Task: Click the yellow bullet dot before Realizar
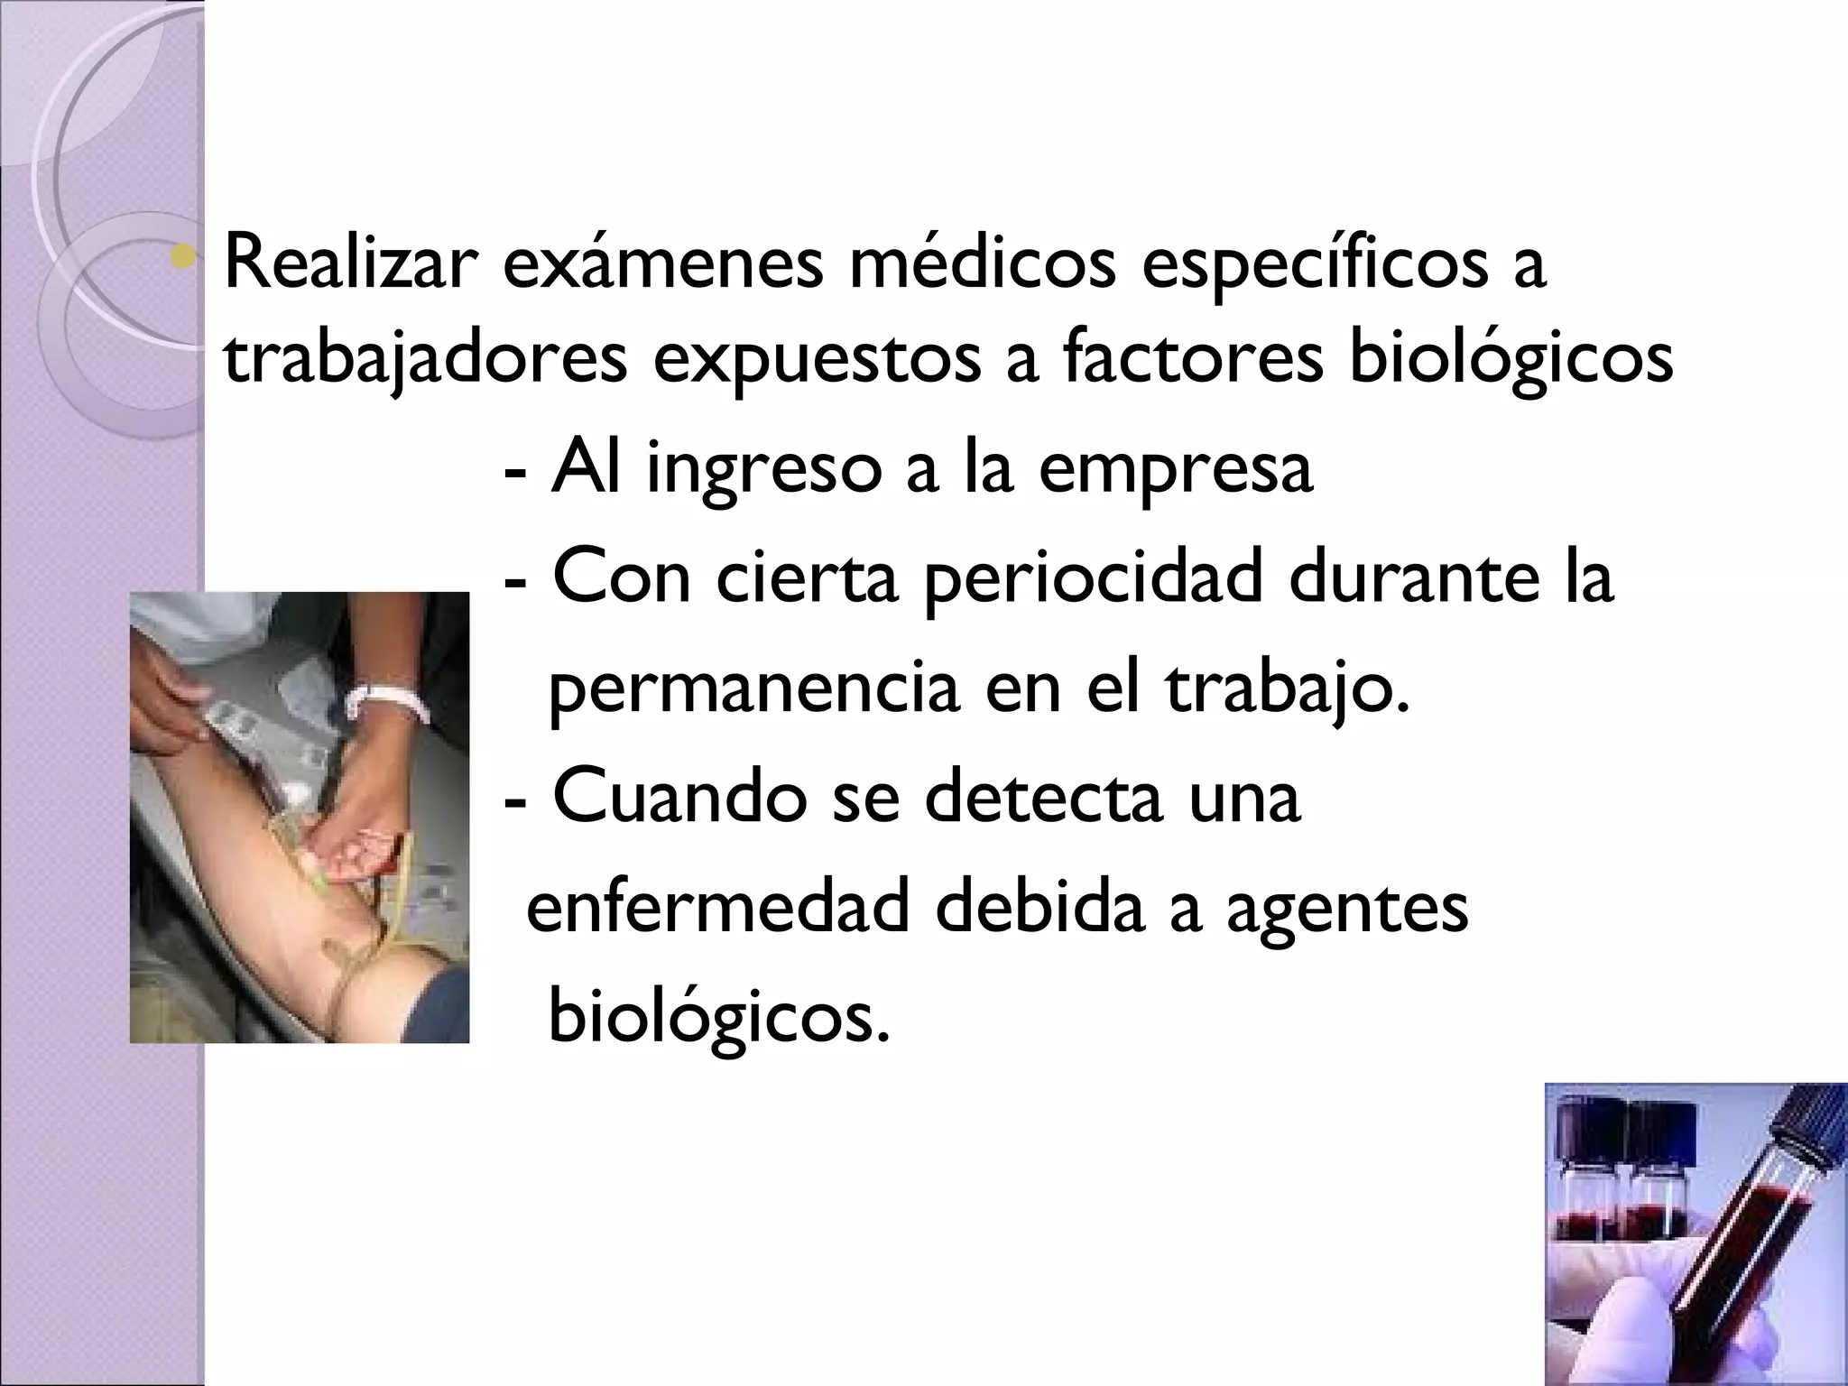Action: pyautogui.click(x=187, y=259)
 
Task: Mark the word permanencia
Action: pyautogui.click(x=753, y=691)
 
